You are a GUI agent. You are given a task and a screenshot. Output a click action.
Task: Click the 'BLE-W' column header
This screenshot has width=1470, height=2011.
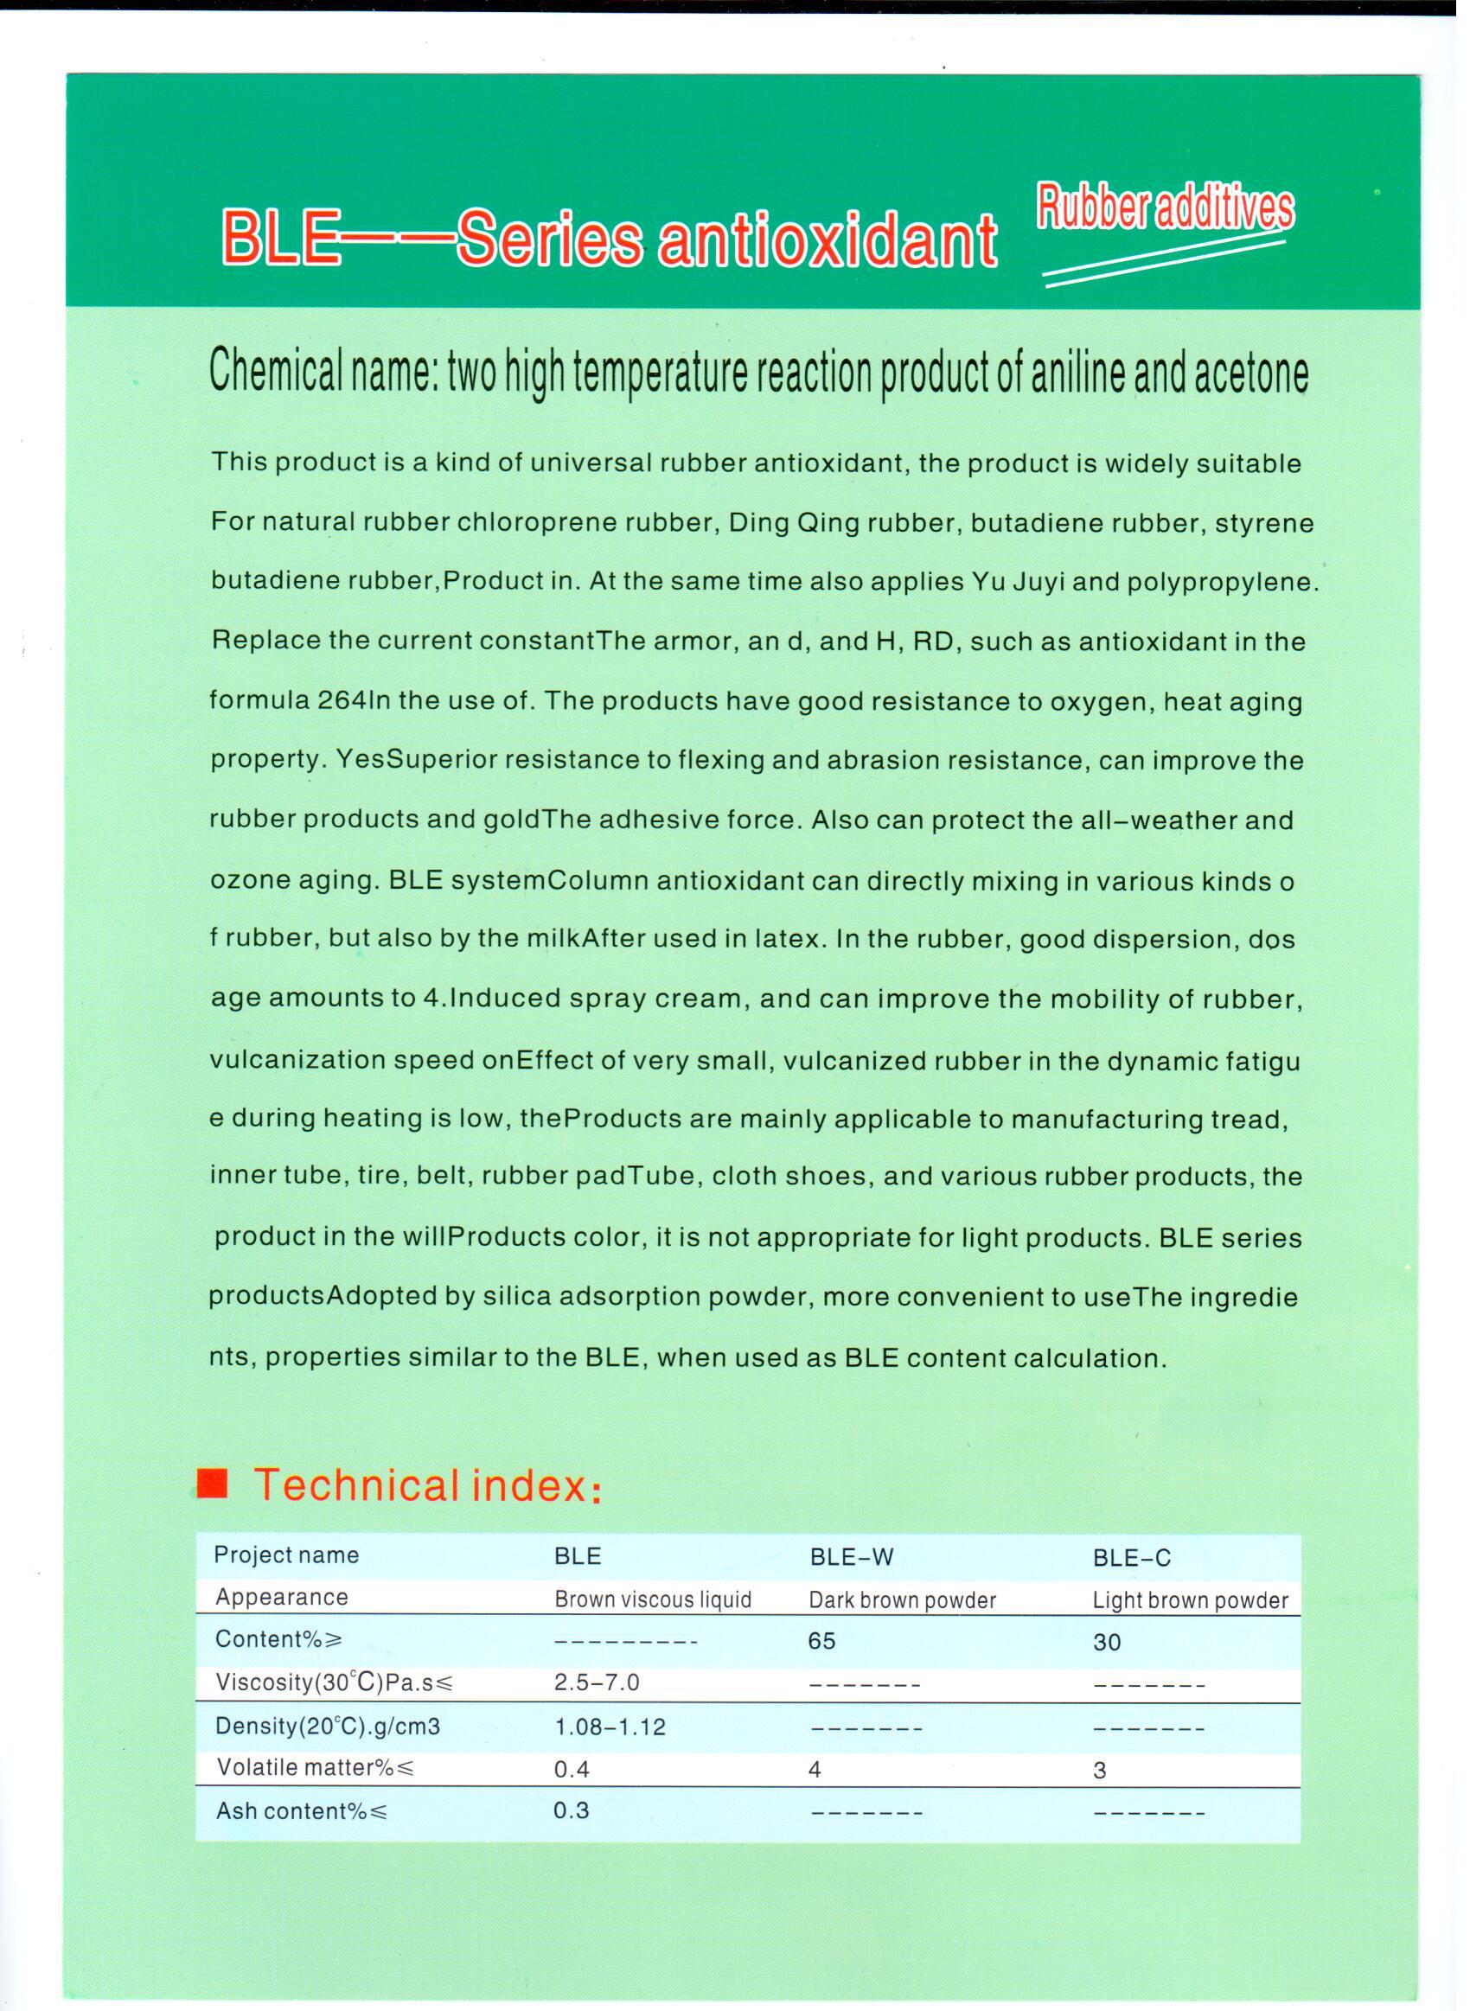click(851, 1556)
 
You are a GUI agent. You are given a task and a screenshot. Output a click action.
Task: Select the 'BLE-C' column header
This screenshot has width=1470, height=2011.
click(1131, 1557)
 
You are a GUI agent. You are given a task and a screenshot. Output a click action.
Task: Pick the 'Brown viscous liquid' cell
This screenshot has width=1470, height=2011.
click(652, 1599)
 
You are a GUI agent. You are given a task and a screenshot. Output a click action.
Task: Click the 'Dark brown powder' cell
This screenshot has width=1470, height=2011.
click(901, 1600)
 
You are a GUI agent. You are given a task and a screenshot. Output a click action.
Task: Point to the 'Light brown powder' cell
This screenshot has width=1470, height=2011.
click(1190, 1600)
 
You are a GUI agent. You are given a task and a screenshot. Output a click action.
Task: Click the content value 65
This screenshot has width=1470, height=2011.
click(821, 1641)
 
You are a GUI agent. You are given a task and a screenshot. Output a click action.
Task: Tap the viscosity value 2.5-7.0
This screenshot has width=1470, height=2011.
click(596, 1682)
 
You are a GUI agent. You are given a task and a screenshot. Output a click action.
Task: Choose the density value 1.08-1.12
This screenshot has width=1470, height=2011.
click(610, 1727)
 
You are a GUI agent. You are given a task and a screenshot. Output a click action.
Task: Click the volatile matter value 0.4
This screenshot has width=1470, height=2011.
click(572, 1769)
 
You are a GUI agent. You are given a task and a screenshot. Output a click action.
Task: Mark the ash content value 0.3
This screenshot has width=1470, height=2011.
click(572, 1811)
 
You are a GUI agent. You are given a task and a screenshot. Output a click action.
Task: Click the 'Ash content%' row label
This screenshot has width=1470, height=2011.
click(302, 1811)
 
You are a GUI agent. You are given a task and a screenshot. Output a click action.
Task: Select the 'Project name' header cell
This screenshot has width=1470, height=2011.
click(285, 1555)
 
